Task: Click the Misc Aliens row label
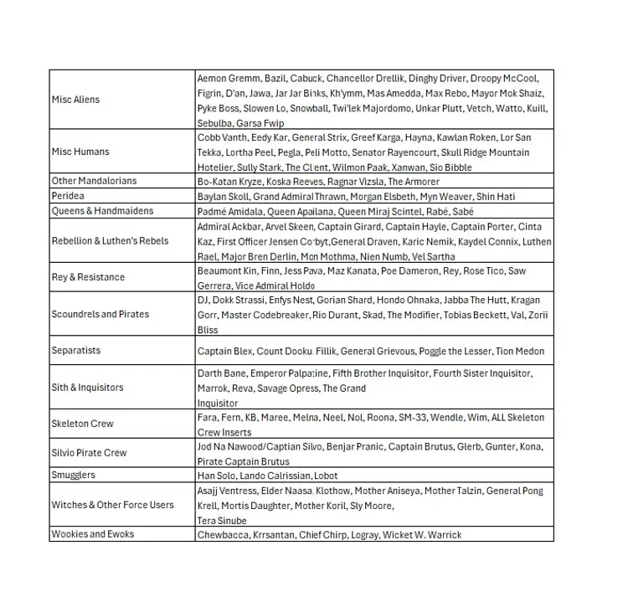[x=75, y=100]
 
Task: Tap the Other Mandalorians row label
[x=94, y=181]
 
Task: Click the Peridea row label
[x=69, y=196]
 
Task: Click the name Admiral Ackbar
[x=228, y=227]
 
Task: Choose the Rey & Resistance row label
[x=88, y=277]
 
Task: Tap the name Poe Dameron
[x=413, y=270]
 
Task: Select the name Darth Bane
[x=221, y=373]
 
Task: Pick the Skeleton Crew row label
[x=82, y=424]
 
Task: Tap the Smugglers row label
[x=74, y=475]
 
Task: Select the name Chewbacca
[x=222, y=534]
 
